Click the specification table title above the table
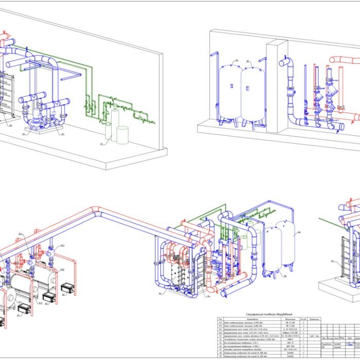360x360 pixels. coord(262,313)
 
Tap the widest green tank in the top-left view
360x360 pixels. coord(123,135)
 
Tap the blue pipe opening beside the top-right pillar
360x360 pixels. coord(282,63)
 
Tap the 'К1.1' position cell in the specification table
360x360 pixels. coord(221,322)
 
